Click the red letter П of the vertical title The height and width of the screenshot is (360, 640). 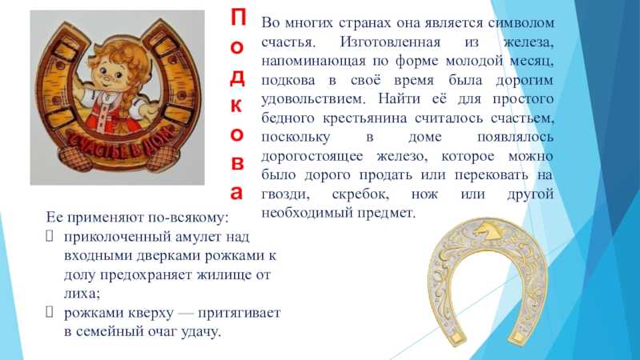[238, 17]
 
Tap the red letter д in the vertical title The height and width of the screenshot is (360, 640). [238, 78]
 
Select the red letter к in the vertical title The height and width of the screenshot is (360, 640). [237, 106]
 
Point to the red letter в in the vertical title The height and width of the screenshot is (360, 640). [237, 163]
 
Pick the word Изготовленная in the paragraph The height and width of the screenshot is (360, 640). [390, 42]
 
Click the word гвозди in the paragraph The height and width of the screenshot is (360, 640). [285, 194]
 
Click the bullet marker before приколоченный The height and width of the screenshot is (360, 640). [50, 236]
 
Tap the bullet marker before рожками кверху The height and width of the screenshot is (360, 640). [50, 312]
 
